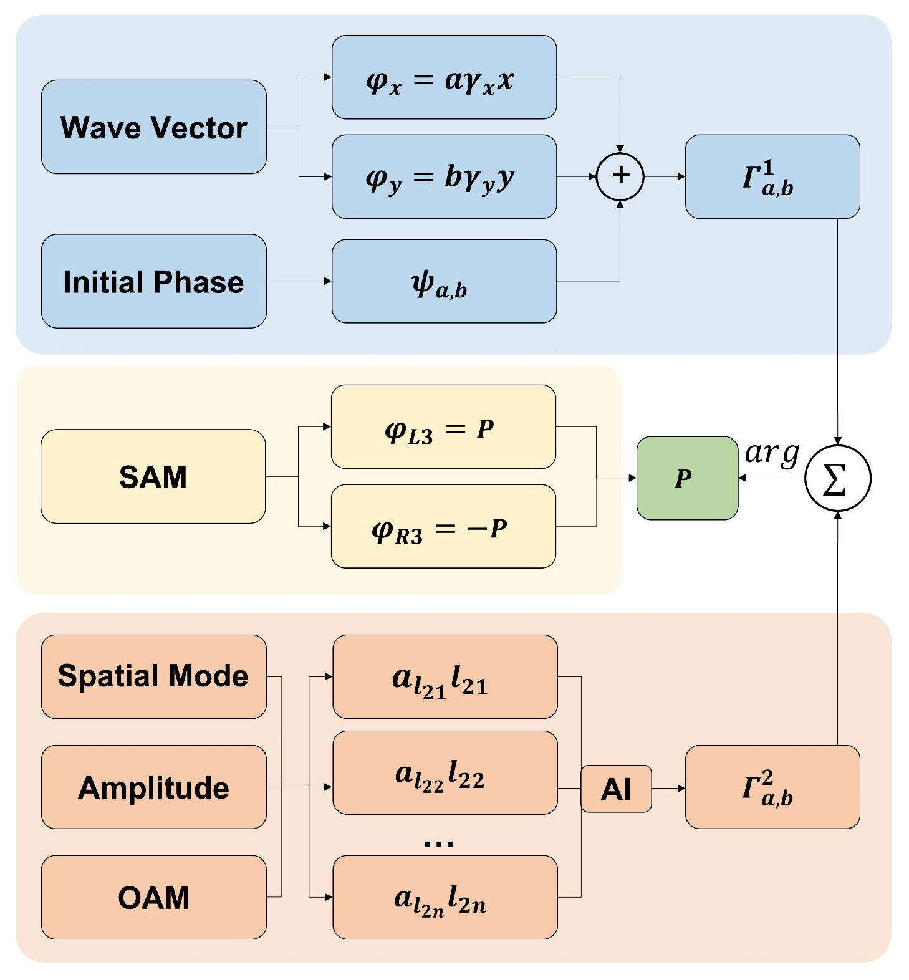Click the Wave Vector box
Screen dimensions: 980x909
(154, 127)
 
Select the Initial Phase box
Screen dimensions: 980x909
(154, 281)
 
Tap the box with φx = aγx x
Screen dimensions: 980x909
(444, 77)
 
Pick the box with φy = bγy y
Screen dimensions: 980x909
(444, 176)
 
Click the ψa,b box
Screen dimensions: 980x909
(444, 281)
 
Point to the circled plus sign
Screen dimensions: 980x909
(620, 176)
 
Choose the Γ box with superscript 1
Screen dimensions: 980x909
(772, 176)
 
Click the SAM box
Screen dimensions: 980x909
(153, 476)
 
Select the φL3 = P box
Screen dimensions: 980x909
(443, 427)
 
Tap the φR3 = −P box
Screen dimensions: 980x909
(443, 526)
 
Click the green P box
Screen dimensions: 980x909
(687, 478)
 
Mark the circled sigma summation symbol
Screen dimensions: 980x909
(837, 478)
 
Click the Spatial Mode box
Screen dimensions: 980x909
(154, 676)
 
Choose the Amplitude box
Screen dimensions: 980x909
(154, 787)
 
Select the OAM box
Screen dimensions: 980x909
(154, 897)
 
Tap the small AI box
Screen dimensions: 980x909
(616, 789)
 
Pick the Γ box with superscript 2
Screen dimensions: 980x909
(772, 787)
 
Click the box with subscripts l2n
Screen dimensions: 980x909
(445, 897)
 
